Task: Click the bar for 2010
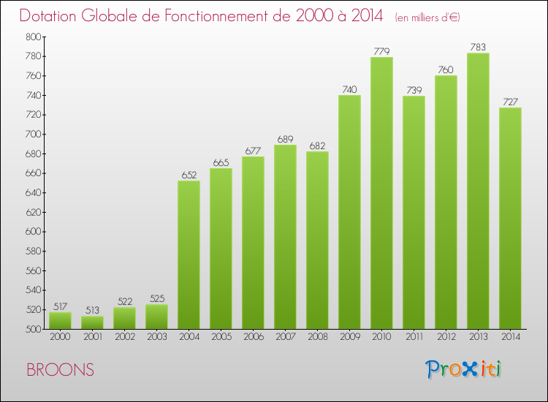[x=381, y=194]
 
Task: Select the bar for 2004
[x=189, y=255]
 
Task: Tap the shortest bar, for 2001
[x=92, y=322]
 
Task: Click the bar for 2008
[x=317, y=240]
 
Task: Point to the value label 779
[x=381, y=50]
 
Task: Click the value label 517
[x=60, y=306]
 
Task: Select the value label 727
[x=510, y=102]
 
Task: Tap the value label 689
[x=285, y=139]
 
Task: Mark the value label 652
[x=189, y=175]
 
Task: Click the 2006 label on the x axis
[x=253, y=338]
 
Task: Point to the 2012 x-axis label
[x=446, y=338]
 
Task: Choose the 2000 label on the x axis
[x=60, y=338]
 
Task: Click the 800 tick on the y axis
[x=34, y=37]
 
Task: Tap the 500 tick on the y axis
[x=34, y=329]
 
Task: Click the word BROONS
[x=60, y=370]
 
